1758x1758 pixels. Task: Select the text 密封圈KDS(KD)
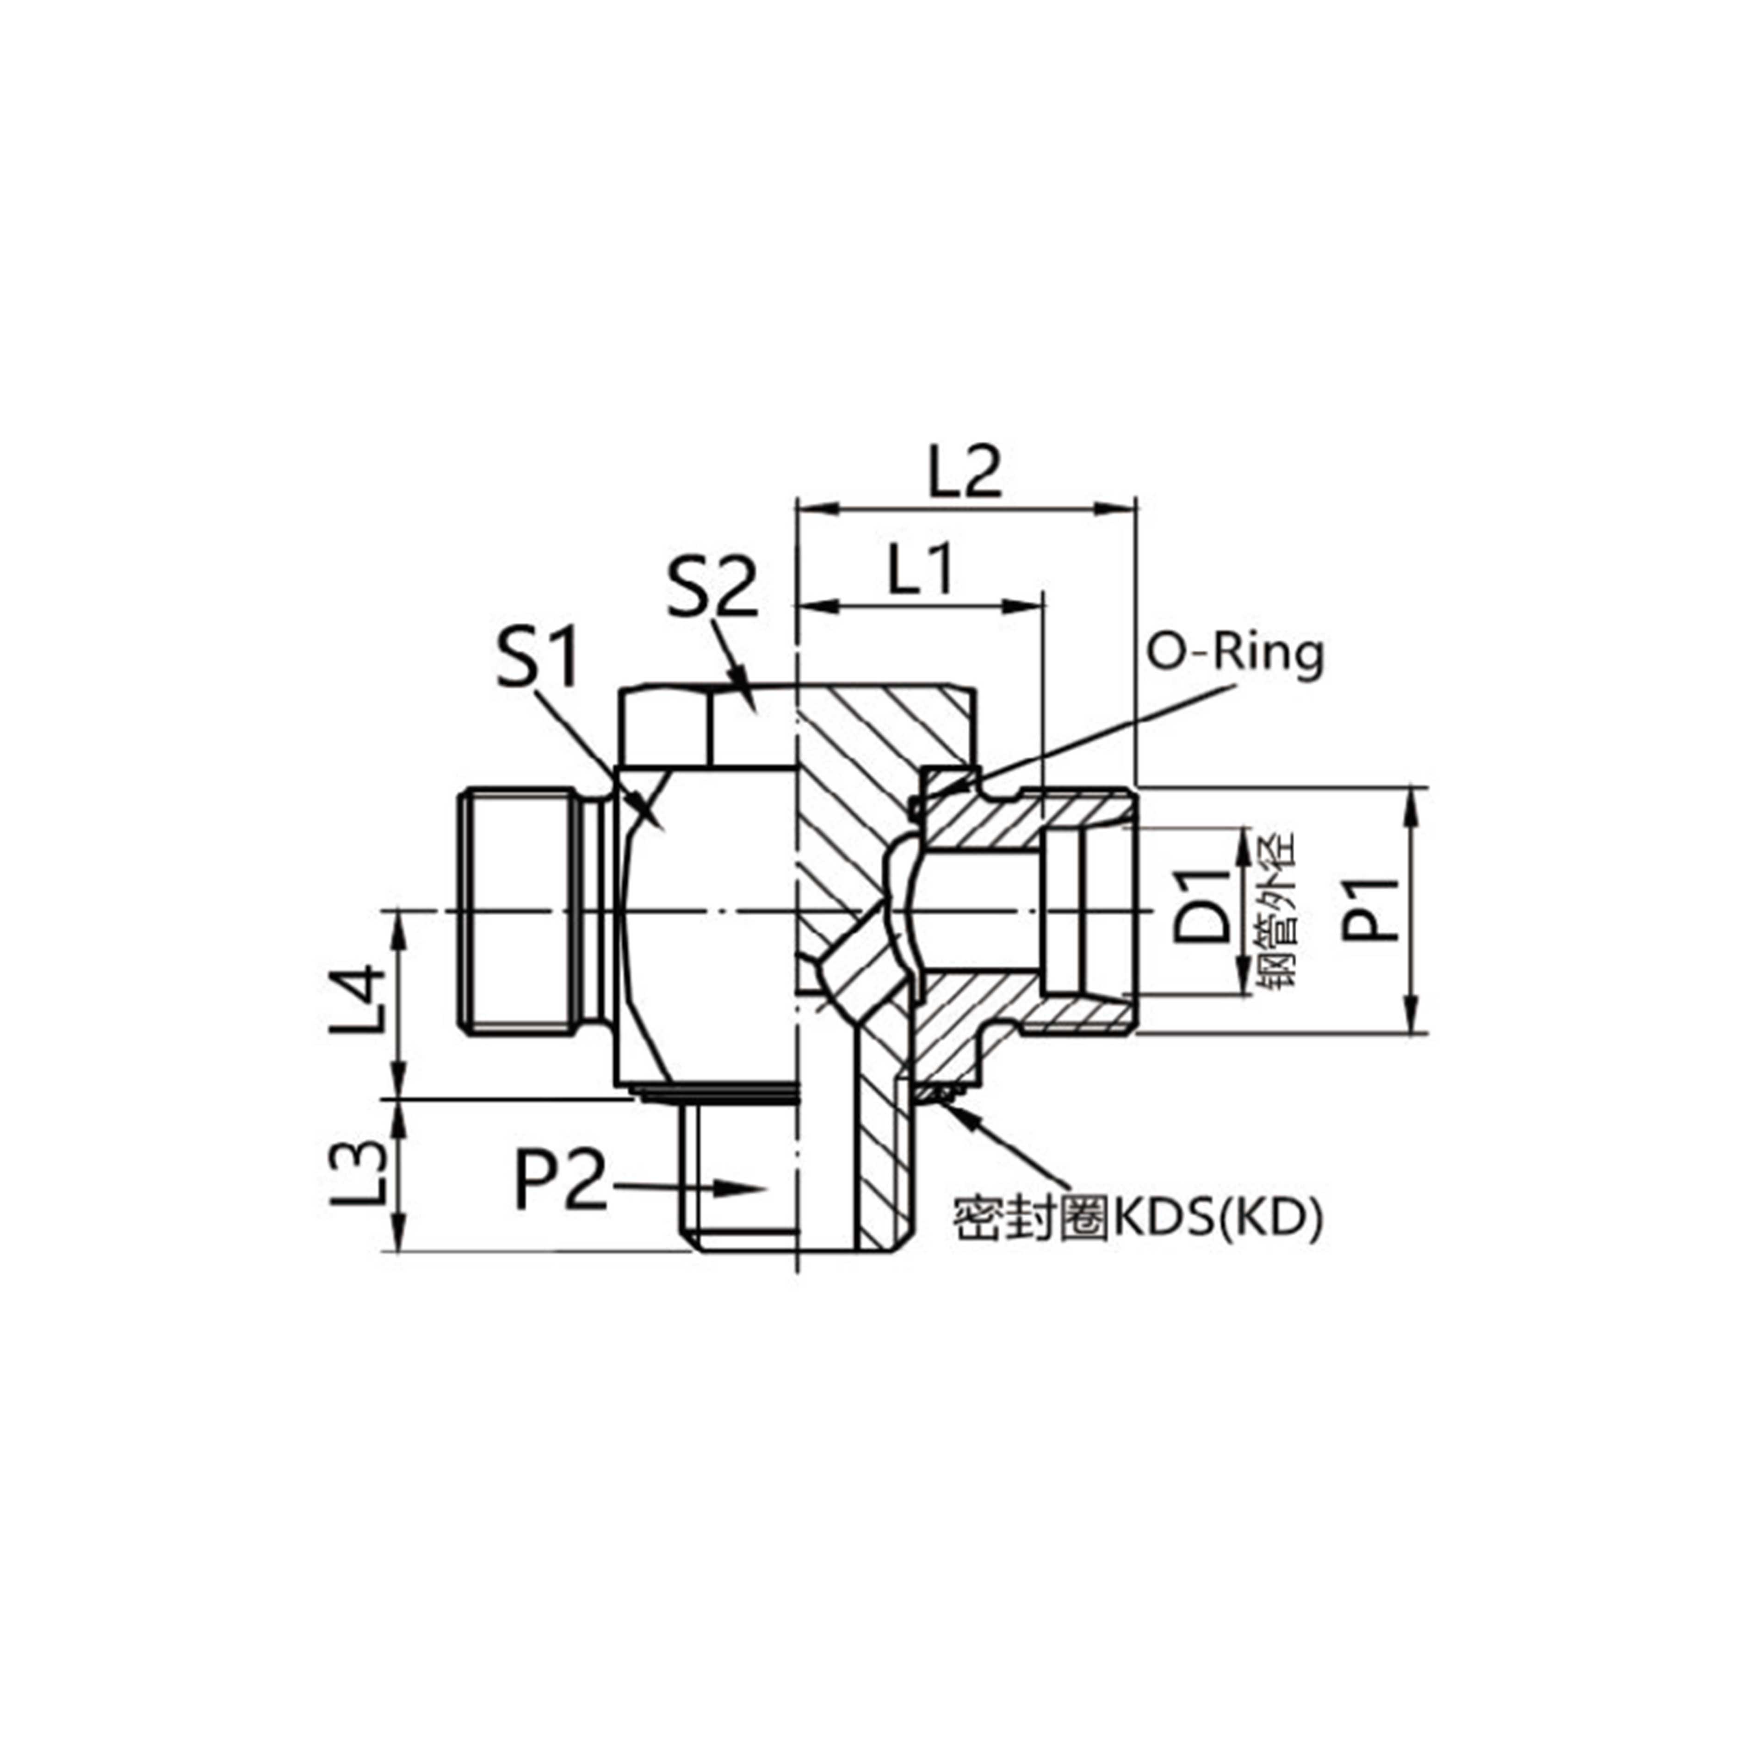pos(1138,1219)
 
